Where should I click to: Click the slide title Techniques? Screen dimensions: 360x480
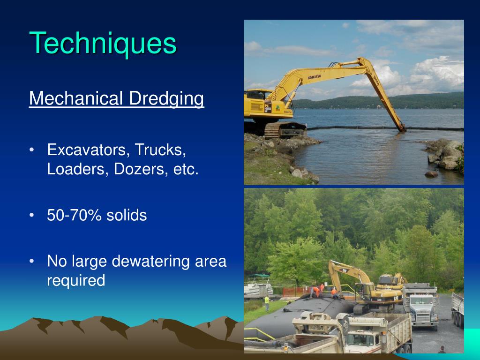(x=103, y=43)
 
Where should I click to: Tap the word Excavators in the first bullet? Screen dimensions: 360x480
(x=88, y=150)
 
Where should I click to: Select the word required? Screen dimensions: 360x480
(x=76, y=280)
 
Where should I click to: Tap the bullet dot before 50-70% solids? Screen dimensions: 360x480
(x=31, y=215)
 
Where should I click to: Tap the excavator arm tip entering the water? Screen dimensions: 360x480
(x=402, y=128)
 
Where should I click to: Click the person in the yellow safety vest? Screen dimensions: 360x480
(x=267, y=302)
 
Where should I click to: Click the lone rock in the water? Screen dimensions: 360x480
(x=431, y=173)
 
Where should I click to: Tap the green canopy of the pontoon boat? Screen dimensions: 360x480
(x=258, y=277)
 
